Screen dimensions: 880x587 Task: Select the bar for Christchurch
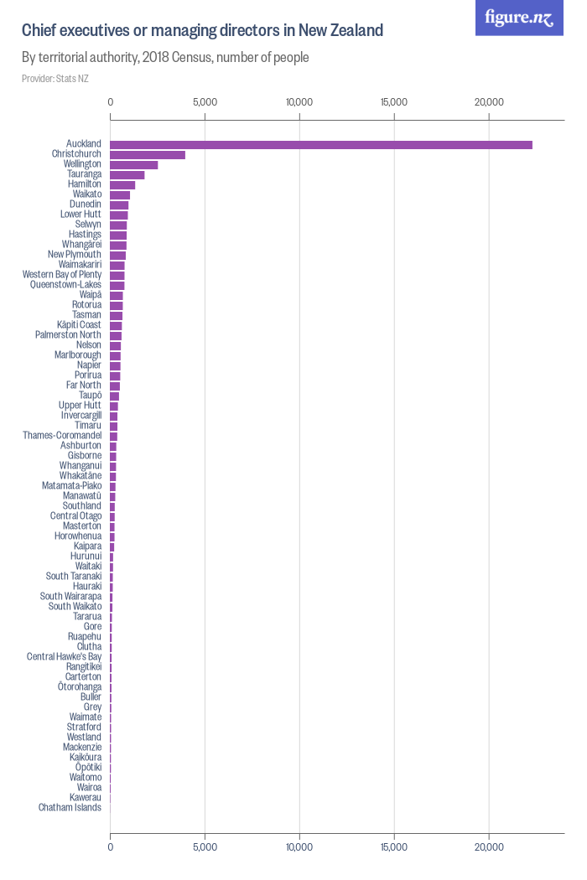coord(148,154)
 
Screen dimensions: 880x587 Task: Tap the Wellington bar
coord(134,164)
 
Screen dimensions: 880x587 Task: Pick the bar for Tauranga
coord(127,174)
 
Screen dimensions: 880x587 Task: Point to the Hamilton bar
coord(122,184)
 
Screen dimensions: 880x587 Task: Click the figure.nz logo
coord(519,18)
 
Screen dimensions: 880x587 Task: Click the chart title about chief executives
coord(202,31)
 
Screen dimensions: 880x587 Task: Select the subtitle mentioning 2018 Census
coord(165,58)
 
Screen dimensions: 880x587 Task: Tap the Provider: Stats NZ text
coord(55,79)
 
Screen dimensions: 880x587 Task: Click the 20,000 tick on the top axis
coord(489,102)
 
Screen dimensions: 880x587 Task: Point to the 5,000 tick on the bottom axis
coord(205,847)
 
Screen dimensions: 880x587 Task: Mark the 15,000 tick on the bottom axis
coord(394,847)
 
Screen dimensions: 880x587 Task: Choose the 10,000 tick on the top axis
coord(299,102)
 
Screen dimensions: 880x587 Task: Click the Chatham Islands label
coord(70,808)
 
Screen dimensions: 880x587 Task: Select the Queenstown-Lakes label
coord(65,285)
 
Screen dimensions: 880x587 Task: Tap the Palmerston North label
coord(68,335)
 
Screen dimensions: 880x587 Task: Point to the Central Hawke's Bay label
coord(64,657)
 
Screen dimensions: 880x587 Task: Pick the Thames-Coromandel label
coord(62,436)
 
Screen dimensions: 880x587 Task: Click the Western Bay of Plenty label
coord(62,275)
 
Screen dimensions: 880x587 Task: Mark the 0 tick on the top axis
coord(111,102)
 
